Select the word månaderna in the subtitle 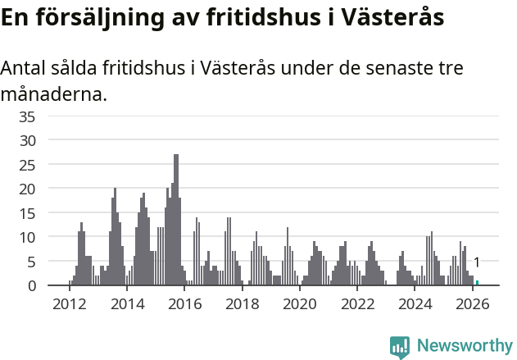tap(54, 94)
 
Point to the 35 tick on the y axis tap(27, 116)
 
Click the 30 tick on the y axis tap(27, 140)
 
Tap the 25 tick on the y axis tap(27, 165)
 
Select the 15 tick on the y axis tap(27, 213)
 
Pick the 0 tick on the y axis tap(31, 285)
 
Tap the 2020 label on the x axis tap(299, 304)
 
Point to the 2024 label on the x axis tap(415, 304)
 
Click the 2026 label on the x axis tap(472, 304)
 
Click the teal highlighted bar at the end tap(477, 283)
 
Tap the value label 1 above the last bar tap(477, 262)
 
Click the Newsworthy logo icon tap(400, 347)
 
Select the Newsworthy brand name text tap(464, 346)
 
